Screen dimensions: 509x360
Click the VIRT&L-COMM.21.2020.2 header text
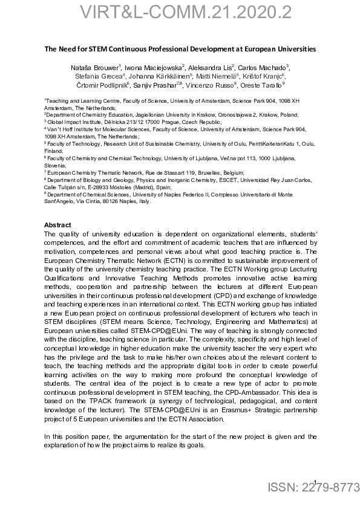[180, 13]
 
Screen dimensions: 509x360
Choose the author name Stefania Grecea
[99, 76]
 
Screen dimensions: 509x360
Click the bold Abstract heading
[58, 225]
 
